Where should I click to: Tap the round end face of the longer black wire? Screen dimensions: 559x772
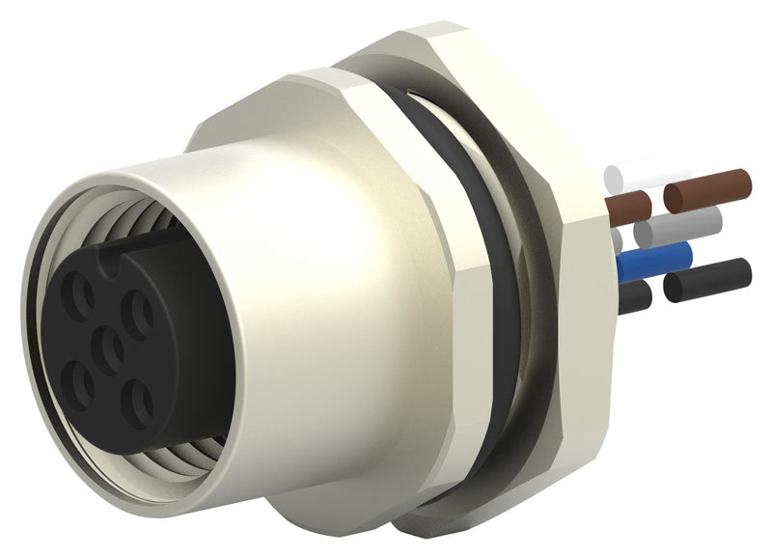[x=743, y=271]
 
